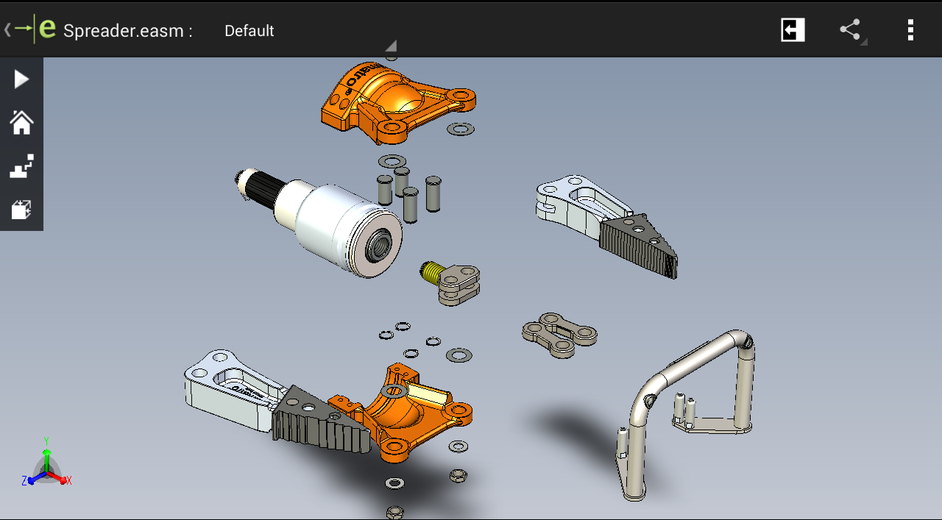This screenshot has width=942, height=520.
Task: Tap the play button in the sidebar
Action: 21,79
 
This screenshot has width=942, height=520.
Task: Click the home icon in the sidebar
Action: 21,123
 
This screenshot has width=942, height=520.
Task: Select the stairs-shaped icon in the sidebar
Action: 21,167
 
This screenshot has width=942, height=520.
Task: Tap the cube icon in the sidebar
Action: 21,210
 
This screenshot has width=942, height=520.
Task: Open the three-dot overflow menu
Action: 910,30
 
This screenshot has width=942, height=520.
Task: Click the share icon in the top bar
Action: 850,30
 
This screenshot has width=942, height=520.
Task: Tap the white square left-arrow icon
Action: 793,30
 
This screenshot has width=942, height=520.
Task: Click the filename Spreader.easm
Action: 127,31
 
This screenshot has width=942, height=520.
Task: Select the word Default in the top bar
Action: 249,31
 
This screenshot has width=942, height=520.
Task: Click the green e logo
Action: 47,29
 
